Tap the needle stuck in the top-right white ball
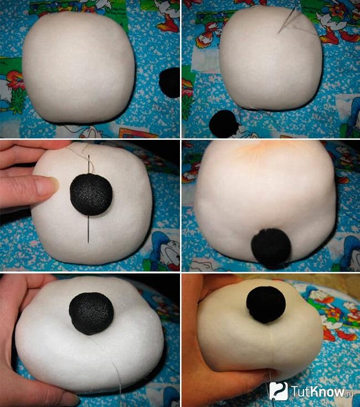(x=287, y=21)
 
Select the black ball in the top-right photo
(x=224, y=124)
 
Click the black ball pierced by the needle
(x=91, y=195)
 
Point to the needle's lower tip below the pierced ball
(x=89, y=242)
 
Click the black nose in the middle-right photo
(x=271, y=248)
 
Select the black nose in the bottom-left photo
(x=91, y=313)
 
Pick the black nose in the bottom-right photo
(x=266, y=304)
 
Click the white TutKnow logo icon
(x=279, y=391)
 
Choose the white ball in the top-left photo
(x=79, y=67)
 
